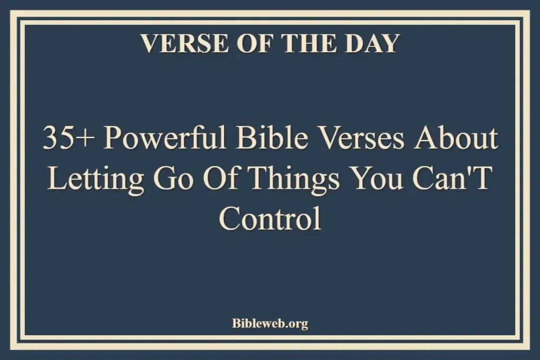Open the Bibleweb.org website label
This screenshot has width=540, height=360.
[270, 323]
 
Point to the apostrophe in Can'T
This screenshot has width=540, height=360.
[473, 171]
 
